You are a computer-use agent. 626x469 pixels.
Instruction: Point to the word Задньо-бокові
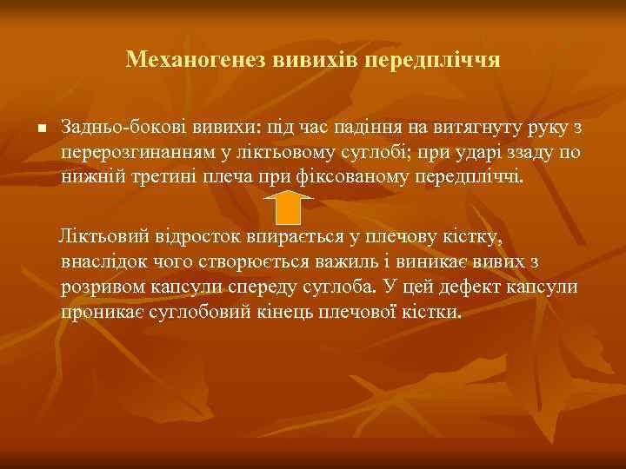coord(118,129)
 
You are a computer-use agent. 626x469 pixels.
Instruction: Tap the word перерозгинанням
coord(139,153)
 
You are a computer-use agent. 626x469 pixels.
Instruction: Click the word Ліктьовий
coord(97,237)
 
